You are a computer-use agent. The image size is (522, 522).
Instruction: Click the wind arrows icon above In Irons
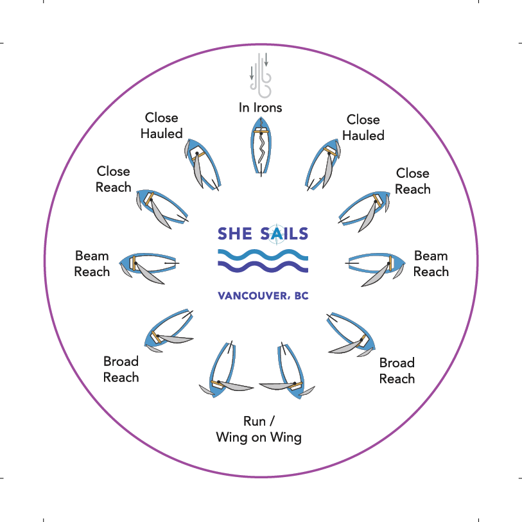[x=261, y=76]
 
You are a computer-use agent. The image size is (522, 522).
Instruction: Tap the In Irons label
[x=261, y=108]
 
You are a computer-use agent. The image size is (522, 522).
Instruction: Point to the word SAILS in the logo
[x=284, y=234]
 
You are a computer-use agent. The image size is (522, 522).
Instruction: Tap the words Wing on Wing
[x=259, y=438]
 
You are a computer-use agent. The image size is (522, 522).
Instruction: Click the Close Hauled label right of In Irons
[x=363, y=127]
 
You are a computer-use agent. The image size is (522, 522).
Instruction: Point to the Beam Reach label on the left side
[x=92, y=264]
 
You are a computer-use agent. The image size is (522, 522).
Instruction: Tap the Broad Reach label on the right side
[x=397, y=370]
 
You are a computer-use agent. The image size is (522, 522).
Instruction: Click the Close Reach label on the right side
[x=413, y=181]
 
